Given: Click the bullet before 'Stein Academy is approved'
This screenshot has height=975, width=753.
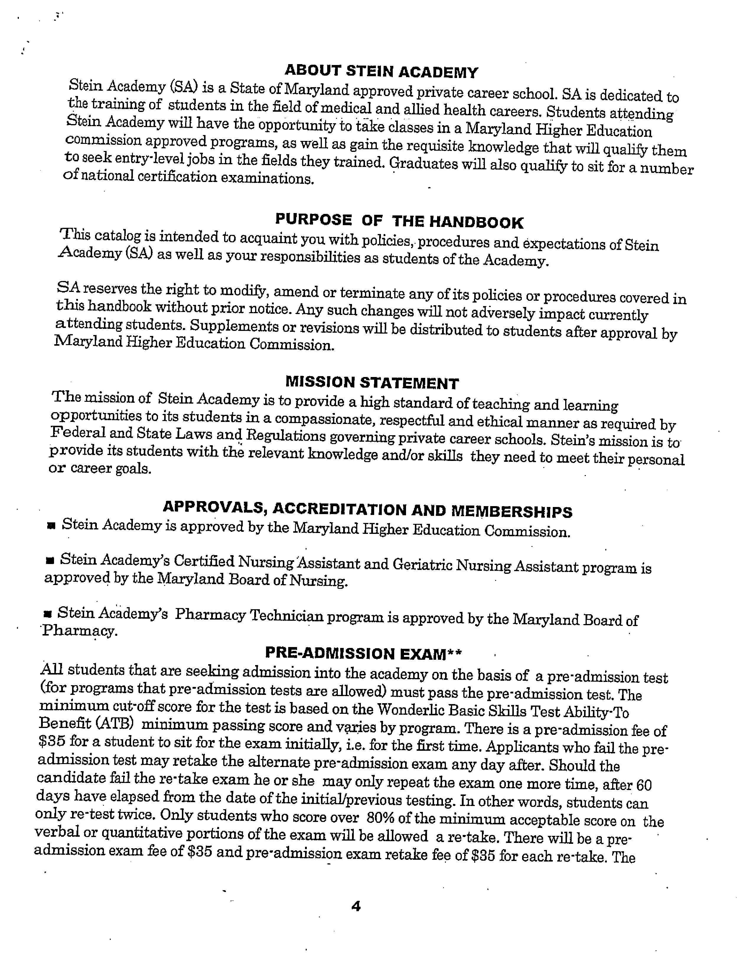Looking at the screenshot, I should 51,527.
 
